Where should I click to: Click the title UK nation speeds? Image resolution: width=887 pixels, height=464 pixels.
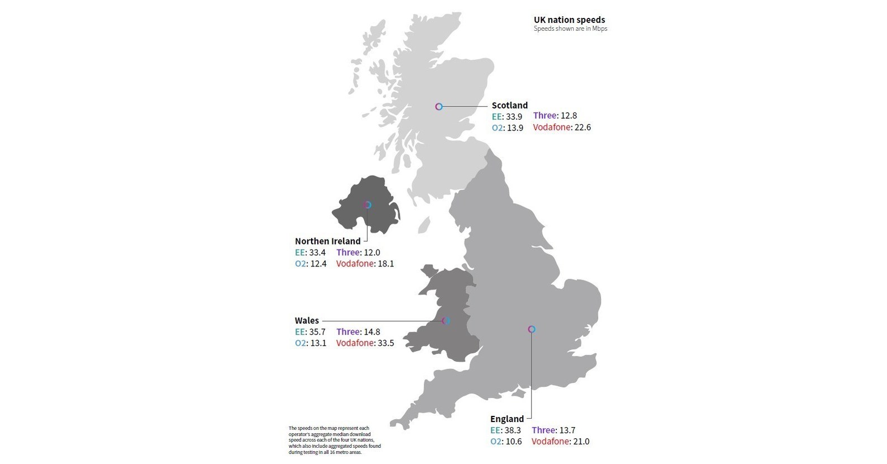click(x=569, y=20)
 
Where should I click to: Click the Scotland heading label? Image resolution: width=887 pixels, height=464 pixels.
click(x=509, y=105)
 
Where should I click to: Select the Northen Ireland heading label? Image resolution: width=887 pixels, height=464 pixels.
click(x=327, y=241)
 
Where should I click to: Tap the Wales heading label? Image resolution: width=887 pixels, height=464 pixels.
click(x=307, y=321)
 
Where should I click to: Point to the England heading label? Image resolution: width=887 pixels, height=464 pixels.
click(x=507, y=419)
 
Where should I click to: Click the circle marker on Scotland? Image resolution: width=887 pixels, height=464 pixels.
click(x=439, y=106)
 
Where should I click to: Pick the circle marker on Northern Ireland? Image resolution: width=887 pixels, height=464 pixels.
click(x=367, y=205)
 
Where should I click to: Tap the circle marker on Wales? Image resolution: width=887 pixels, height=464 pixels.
click(x=446, y=321)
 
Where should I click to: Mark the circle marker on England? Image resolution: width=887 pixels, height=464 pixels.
click(x=532, y=329)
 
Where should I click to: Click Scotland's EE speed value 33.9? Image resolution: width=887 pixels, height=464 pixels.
click(x=514, y=117)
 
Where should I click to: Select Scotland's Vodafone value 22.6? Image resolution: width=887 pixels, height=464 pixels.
click(x=583, y=128)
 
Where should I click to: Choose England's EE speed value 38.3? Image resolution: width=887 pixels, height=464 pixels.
click(x=513, y=430)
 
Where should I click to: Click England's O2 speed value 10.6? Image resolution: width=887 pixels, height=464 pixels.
click(x=513, y=442)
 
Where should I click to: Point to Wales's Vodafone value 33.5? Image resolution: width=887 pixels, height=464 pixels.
click(x=386, y=343)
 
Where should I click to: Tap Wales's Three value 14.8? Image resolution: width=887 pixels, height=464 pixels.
click(x=371, y=332)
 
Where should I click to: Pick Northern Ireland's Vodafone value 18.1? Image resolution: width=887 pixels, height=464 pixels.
click(x=386, y=264)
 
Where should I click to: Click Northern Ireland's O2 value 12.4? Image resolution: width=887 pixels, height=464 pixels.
click(x=318, y=264)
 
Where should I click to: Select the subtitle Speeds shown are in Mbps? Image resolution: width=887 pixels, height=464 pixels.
click(x=570, y=29)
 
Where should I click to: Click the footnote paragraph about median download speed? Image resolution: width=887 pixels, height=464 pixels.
click(x=335, y=440)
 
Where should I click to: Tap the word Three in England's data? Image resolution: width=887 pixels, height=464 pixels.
click(x=543, y=430)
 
